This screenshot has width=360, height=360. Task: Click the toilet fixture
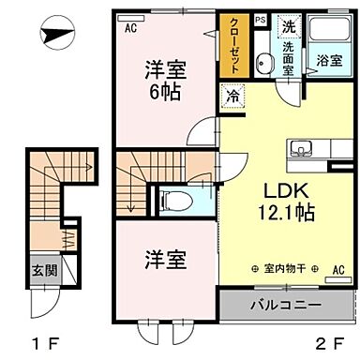coord(174,199)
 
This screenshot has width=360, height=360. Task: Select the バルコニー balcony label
coord(285,306)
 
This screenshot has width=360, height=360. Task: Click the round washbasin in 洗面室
coord(266,65)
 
